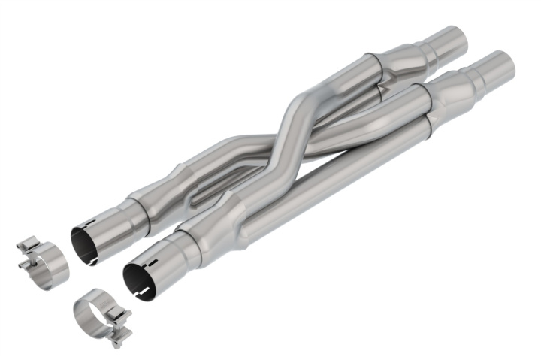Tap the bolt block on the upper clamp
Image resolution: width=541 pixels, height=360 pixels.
[x=28, y=253]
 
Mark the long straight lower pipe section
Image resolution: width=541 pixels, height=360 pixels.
[x=331, y=180]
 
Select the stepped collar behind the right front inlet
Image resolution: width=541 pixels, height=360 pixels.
[x=192, y=244]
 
